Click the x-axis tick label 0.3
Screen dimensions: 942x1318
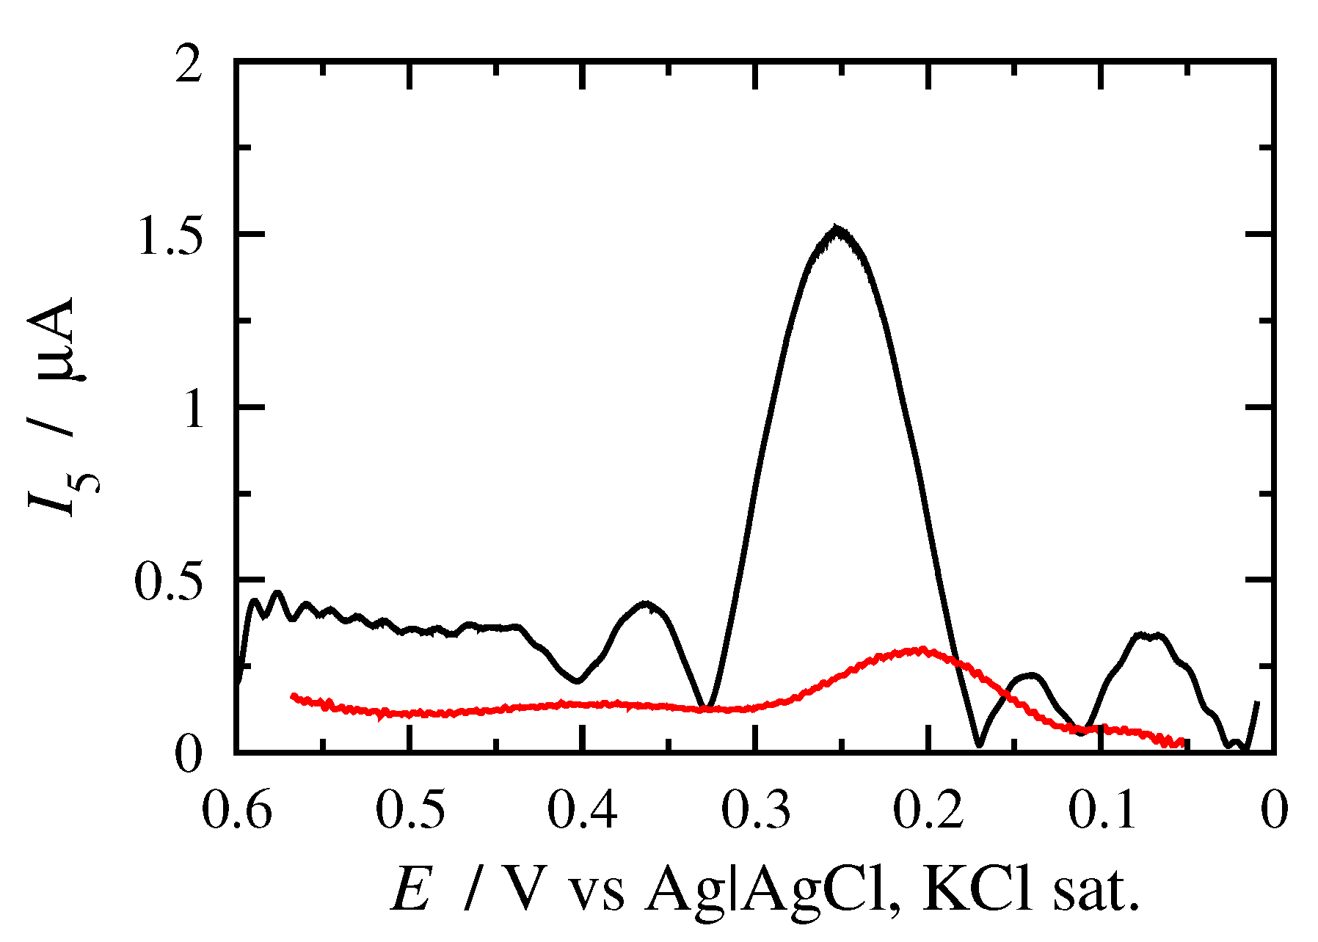[756, 811]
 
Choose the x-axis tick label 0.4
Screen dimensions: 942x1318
[583, 811]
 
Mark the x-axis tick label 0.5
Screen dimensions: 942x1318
[409, 811]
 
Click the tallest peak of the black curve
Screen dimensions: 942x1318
[837, 229]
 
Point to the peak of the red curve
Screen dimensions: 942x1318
[921, 650]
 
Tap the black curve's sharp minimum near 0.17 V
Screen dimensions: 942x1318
[979, 744]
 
